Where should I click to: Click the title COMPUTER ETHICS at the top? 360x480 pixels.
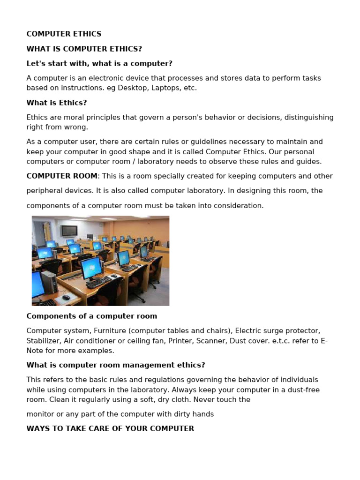click(x=64, y=34)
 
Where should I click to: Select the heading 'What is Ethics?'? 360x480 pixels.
click(x=57, y=103)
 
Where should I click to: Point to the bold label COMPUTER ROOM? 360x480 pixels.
click(x=62, y=176)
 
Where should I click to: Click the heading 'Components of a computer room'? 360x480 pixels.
click(x=91, y=316)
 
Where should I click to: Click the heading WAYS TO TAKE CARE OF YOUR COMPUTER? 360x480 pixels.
click(x=110, y=428)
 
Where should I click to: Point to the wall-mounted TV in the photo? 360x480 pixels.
click(x=69, y=231)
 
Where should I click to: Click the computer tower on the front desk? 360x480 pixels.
click(x=49, y=284)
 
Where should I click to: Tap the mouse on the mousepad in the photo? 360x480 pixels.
click(x=66, y=297)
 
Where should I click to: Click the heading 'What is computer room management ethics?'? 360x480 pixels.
click(x=116, y=365)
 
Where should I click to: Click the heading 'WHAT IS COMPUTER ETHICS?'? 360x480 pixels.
click(x=84, y=49)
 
